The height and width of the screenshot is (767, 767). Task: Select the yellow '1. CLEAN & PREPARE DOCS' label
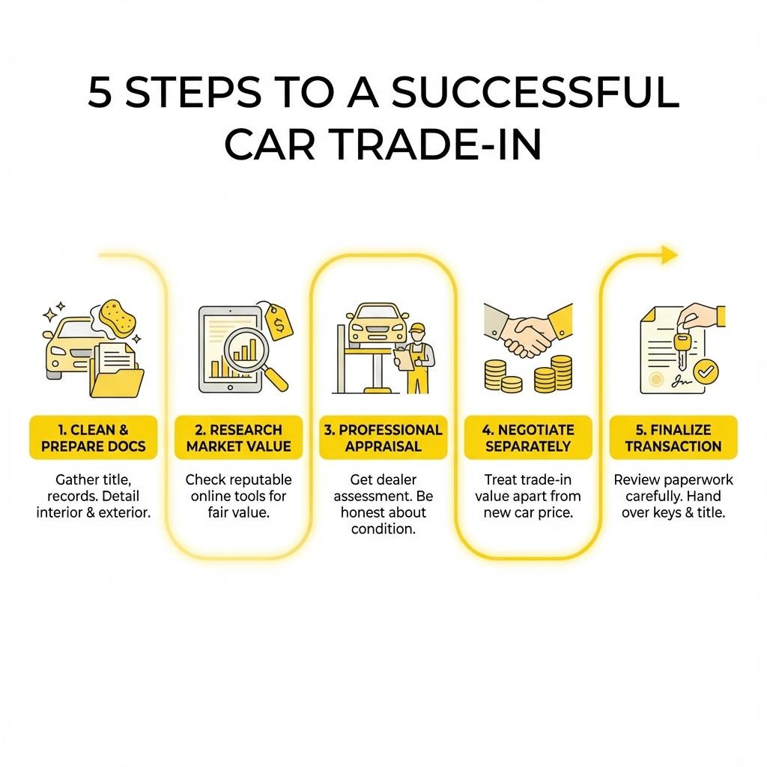pos(94,438)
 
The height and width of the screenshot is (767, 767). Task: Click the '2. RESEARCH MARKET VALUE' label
pos(238,438)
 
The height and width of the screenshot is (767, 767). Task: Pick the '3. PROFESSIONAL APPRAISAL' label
pos(383,438)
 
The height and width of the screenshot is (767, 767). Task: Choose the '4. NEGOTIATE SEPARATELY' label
pos(527,438)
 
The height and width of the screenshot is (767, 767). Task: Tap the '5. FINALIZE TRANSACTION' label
pos(673,438)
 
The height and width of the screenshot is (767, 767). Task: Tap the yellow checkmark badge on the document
pos(705,369)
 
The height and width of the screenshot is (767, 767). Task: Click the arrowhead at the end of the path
pos(668,255)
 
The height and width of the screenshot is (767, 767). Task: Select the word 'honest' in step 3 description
pos(364,512)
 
